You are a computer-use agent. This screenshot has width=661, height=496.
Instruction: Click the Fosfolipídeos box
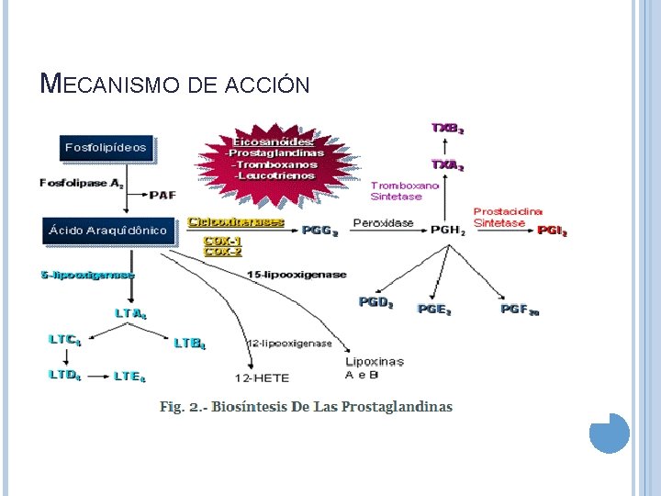(106, 147)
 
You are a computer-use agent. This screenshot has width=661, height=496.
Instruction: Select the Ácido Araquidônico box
(107, 231)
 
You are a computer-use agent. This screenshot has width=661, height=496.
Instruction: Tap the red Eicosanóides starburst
(273, 158)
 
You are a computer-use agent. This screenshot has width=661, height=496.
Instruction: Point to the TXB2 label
(448, 129)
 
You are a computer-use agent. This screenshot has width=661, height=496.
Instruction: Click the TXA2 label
(448, 165)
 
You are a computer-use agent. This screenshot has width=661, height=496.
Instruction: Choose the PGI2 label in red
(552, 231)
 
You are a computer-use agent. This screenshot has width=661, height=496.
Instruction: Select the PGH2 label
(449, 231)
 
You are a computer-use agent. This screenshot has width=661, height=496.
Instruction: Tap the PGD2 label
(375, 302)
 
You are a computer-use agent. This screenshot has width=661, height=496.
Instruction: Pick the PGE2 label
(434, 310)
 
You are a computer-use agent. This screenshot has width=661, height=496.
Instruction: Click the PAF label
(162, 195)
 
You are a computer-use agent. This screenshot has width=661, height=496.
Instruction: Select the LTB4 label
(190, 344)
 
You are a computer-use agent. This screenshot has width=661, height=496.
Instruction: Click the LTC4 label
(65, 339)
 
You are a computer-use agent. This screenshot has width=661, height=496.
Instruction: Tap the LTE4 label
(129, 376)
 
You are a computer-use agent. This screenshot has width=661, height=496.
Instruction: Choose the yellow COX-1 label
(222, 241)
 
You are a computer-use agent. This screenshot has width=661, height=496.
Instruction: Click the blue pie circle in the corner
(609, 433)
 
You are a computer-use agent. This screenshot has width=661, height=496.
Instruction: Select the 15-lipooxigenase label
(297, 274)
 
